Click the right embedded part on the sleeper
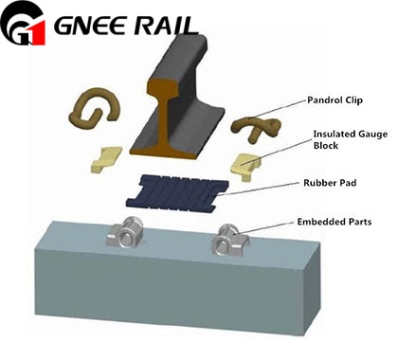click(x=229, y=240)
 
